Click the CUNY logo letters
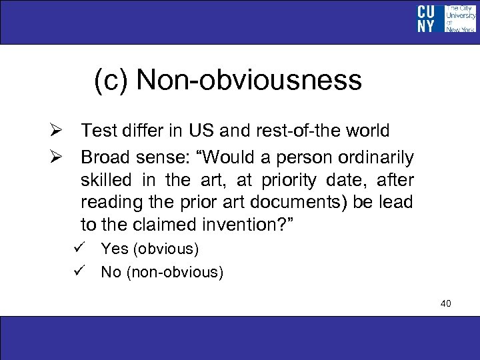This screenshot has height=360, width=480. point(426,19)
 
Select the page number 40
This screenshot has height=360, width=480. point(446,304)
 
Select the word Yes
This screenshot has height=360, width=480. point(115,249)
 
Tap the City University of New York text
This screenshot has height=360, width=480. point(459,19)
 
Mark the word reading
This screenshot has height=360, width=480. point(107,202)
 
